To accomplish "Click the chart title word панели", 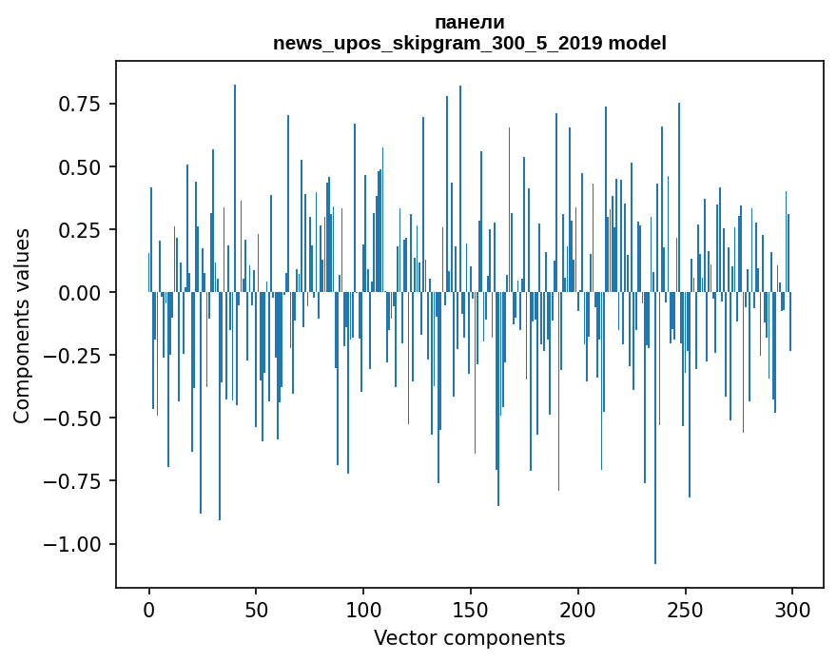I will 469,23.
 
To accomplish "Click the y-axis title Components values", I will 22,325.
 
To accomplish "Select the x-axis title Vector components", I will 469,638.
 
